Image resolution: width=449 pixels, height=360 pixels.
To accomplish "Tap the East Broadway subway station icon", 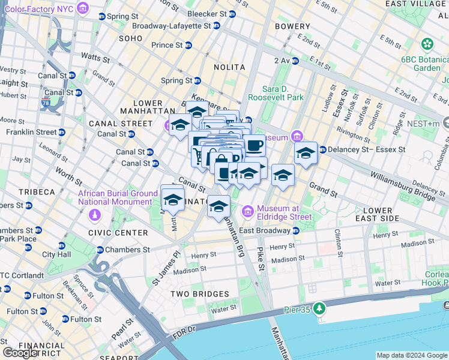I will [296, 230].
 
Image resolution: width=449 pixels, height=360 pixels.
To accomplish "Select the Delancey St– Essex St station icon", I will [322, 150].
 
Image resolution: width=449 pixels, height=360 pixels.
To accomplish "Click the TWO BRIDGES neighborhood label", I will [199, 293].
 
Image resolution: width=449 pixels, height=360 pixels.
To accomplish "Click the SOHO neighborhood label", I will [131, 38].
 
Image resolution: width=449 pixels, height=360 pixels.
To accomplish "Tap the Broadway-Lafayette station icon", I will [217, 26].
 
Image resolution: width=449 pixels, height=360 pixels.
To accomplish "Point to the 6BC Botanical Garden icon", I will [427, 44].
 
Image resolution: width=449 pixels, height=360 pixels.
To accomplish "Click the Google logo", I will [20, 353].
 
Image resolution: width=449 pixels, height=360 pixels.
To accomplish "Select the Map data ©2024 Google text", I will [412, 355].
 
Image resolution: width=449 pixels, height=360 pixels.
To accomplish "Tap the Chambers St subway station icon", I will [100, 250].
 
